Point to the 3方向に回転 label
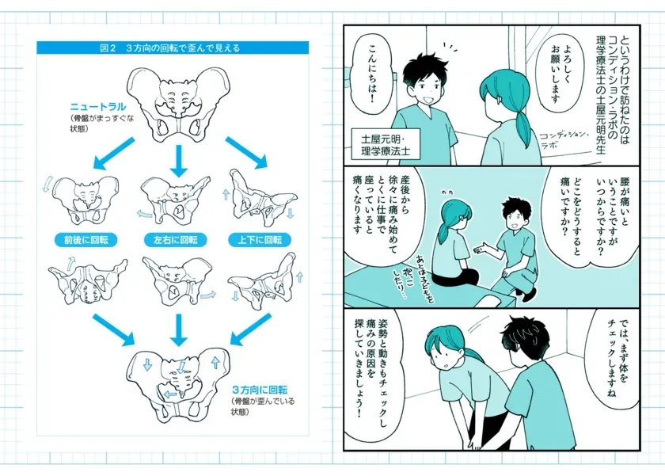(259, 390)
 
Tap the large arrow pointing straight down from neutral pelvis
(177, 161)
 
